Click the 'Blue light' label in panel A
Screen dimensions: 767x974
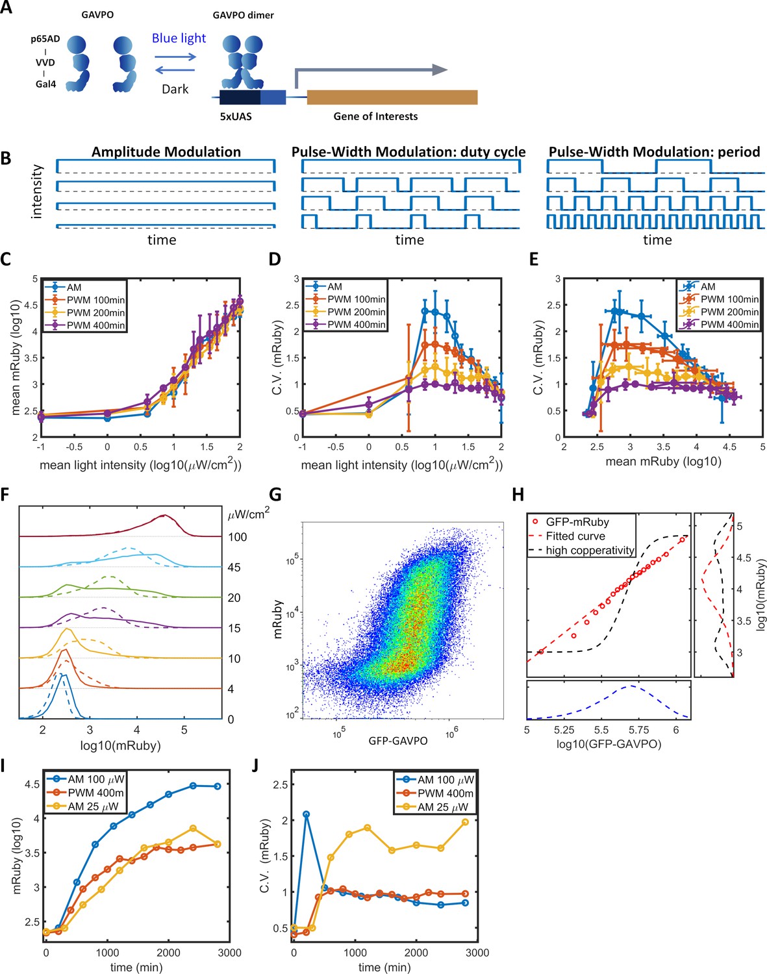coord(179,38)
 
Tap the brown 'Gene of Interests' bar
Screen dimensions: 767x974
coord(392,97)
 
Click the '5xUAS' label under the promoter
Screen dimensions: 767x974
coord(236,116)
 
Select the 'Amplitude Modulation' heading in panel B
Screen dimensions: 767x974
coord(166,152)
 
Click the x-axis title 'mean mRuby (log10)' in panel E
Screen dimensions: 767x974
coord(663,461)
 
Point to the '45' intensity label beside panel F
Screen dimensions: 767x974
coord(234,567)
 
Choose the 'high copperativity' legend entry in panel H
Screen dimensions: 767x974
coord(590,551)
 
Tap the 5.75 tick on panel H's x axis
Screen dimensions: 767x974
coord(639,730)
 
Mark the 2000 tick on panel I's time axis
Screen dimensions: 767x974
coord(168,953)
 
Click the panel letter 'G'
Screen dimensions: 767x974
coord(275,495)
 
